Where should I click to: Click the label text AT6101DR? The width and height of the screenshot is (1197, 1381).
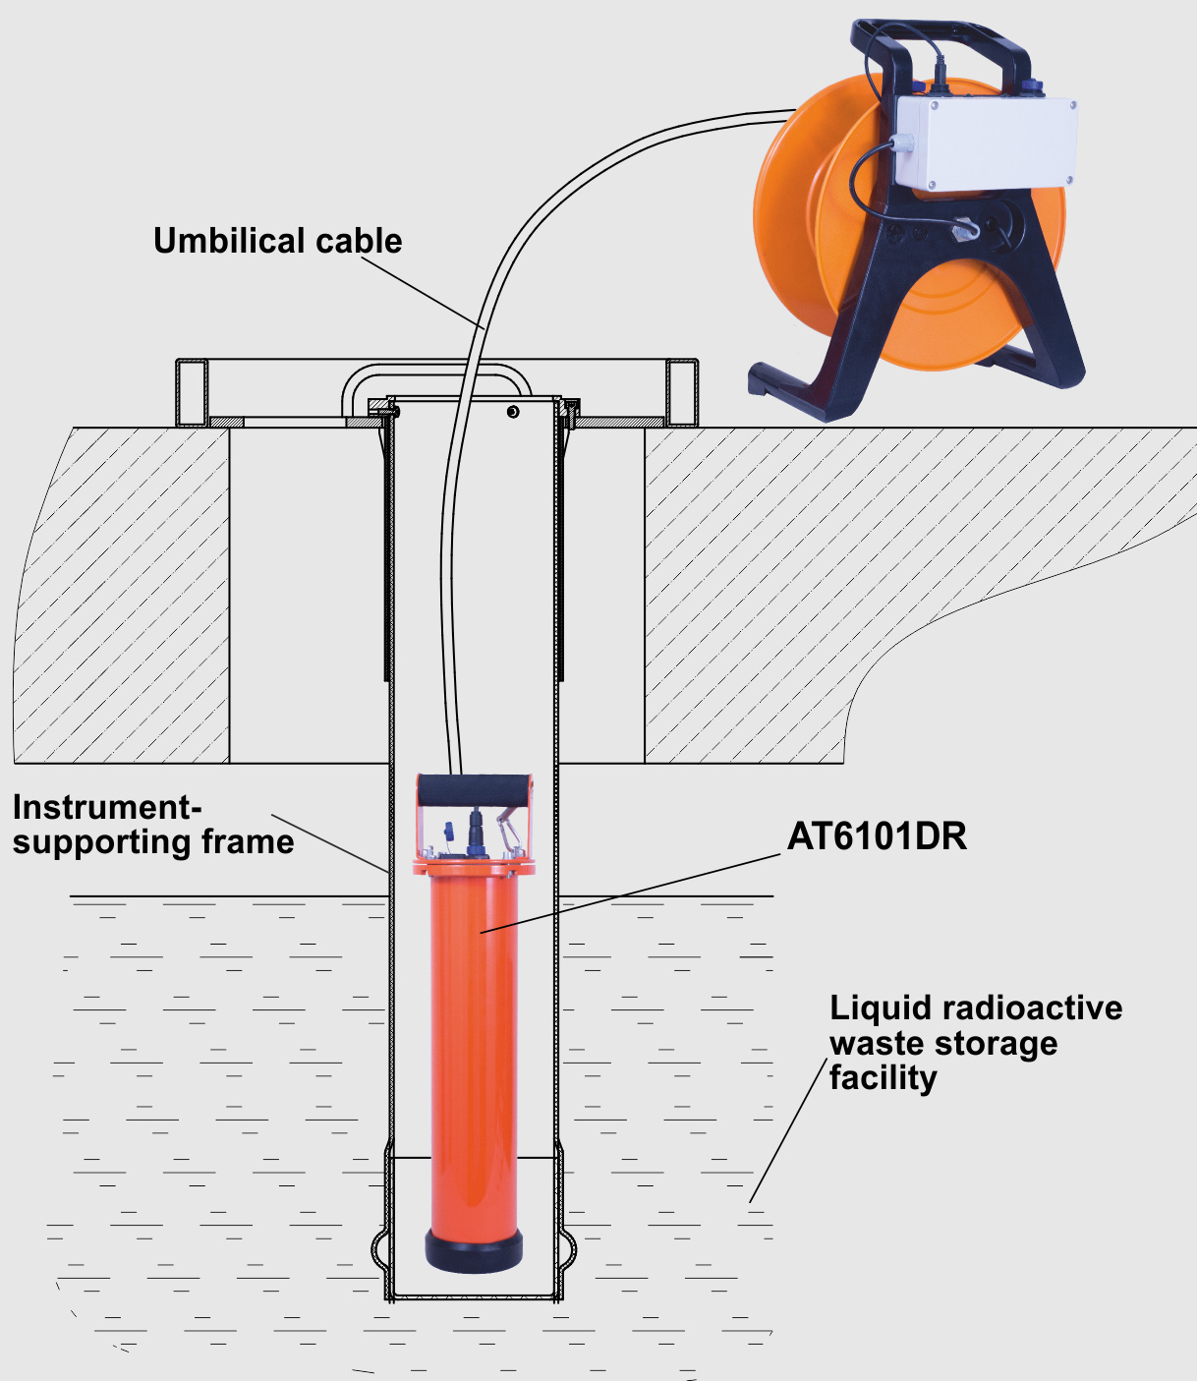pos(877,836)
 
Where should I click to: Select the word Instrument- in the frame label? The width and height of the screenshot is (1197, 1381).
pos(107,807)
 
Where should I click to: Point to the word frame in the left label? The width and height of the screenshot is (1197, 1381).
pos(248,841)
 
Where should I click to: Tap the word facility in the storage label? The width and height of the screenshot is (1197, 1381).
pos(883,1078)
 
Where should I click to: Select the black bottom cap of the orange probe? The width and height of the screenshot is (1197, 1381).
pos(474,1250)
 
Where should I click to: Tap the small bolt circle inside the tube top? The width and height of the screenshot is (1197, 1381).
pos(512,411)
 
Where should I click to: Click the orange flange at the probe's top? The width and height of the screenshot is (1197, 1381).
pos(474,866)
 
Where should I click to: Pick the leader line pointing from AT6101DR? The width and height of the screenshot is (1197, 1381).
pos(629,893)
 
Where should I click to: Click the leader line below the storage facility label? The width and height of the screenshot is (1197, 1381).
pos(787,1130)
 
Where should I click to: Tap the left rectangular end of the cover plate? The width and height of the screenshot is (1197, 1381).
pos(192,392)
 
